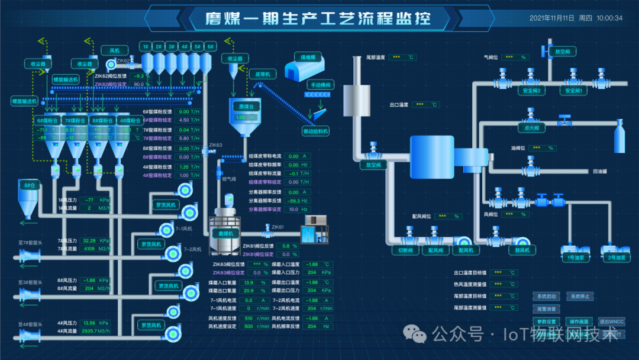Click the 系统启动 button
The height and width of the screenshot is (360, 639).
pyautogui.click(x=547, y=296)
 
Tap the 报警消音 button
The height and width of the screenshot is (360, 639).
pyautogui.click(x=547, y=308)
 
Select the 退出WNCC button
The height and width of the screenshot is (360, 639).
pyautogui.click(x=611, y=322)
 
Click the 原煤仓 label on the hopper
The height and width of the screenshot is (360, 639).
pyautogui.click(x=246, y=107)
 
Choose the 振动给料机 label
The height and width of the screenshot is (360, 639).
pyautogui.click(x=315, y=131)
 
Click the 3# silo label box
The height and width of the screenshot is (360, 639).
pyautogui.click(x=172, y=46)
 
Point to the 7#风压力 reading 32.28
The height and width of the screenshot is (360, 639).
pyautogui.click(x=89, y=241)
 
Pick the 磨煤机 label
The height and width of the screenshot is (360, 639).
pyautogui.click(x=227, y=234)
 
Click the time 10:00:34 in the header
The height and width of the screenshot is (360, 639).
pyautogui.click(x=609, y=18)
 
